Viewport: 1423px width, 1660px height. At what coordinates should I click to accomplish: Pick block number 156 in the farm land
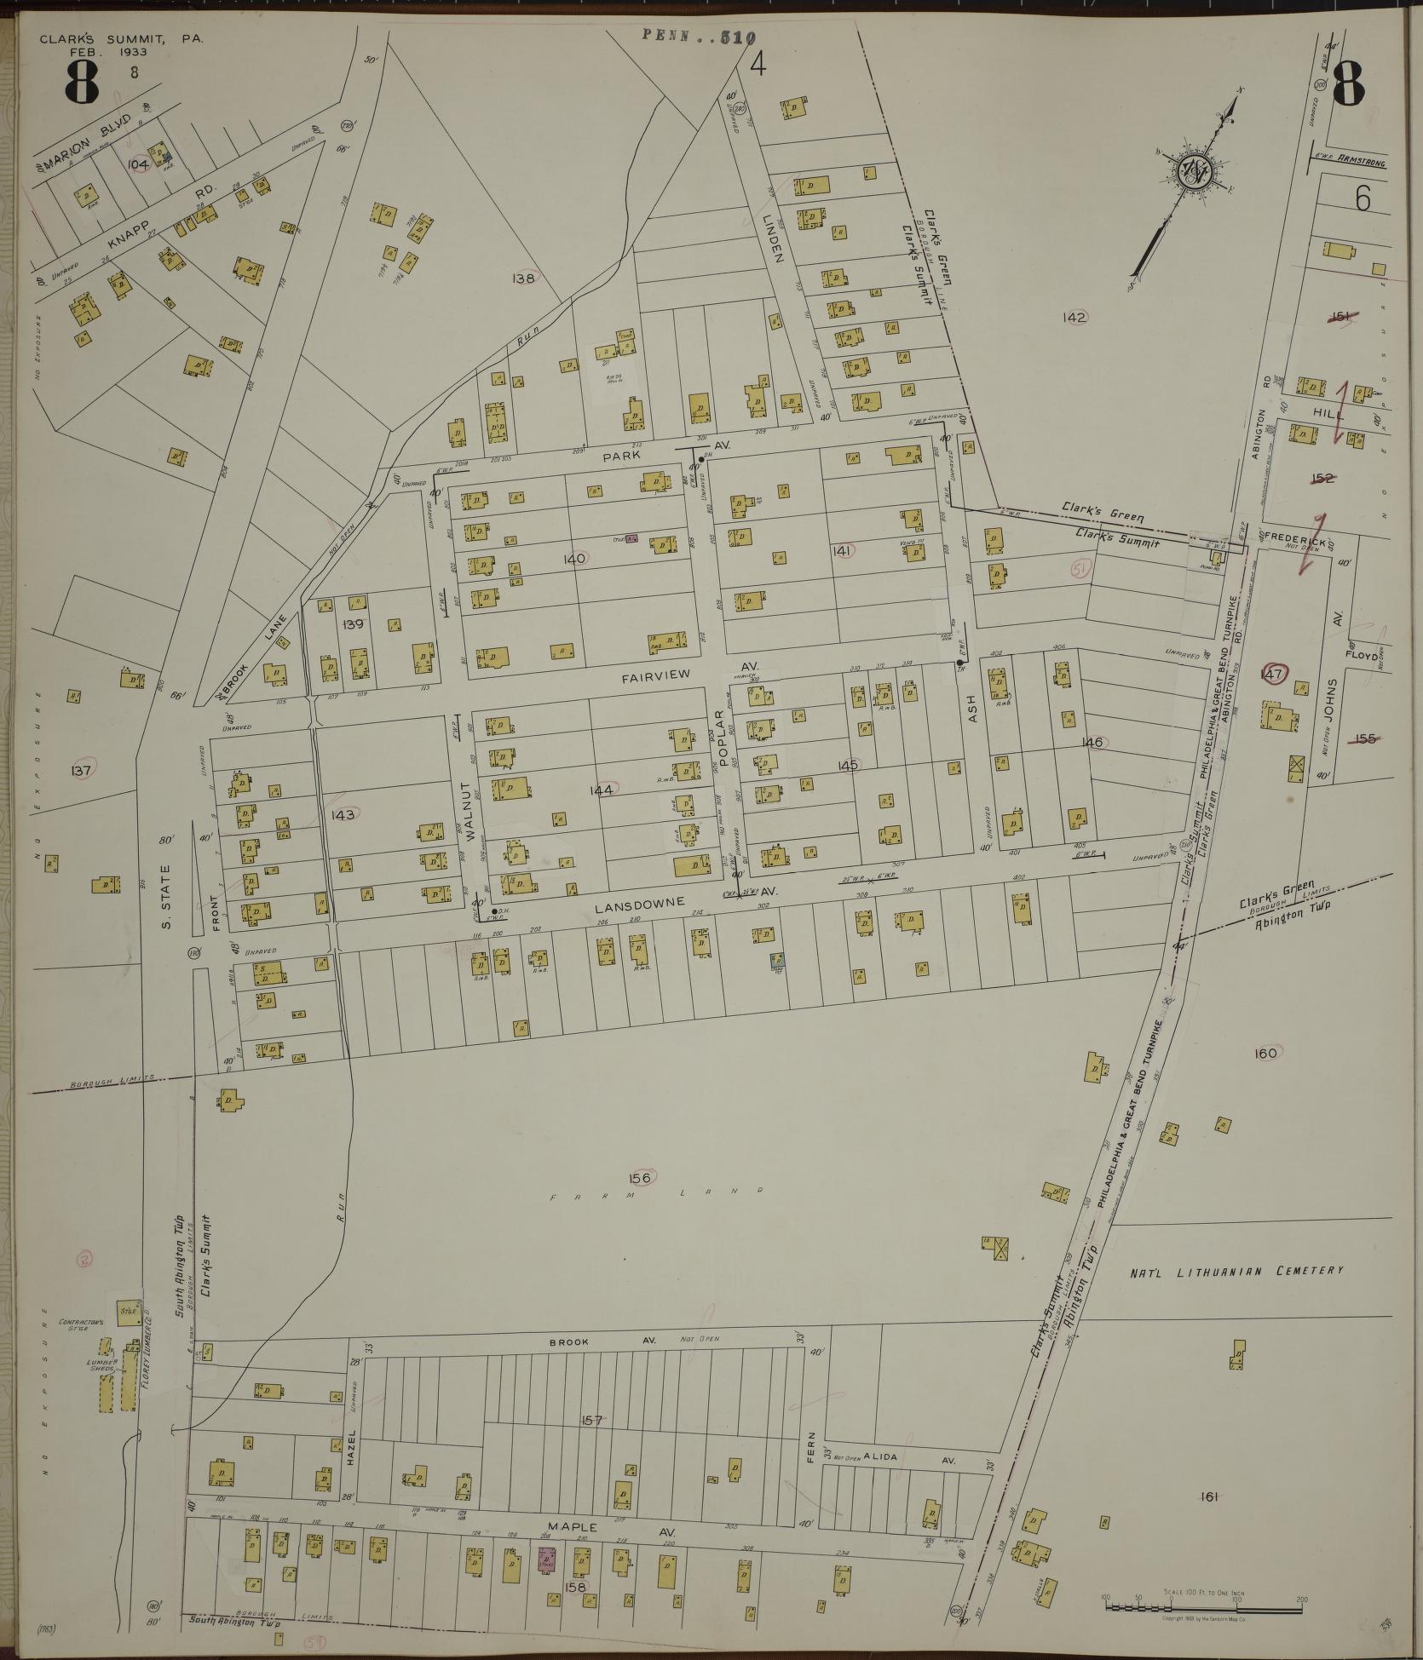click(x=640, y=1178)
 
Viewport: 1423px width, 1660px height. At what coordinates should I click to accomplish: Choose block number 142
click(x=1074, y=317)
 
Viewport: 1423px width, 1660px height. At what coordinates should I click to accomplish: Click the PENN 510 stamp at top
click(x=699, y=36)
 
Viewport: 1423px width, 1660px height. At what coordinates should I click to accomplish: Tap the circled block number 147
click(x=1273, y=674)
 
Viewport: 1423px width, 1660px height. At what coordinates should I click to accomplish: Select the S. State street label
click(x=167, y=893)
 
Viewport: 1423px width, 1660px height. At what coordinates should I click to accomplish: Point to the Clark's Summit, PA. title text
click(x=122, y=38)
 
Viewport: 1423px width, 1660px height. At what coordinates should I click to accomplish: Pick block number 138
click(x=523, y=278)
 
